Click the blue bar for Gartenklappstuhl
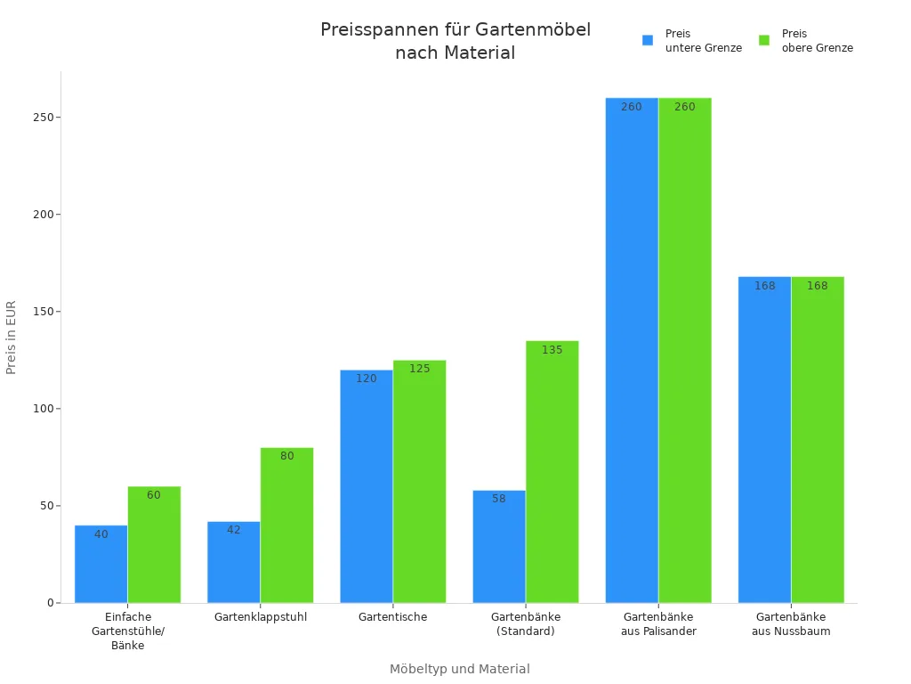coord(234,562)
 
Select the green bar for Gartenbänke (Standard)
coord(552,472)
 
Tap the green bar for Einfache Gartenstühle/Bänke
coord(154,544)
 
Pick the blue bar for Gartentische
coord(367,486)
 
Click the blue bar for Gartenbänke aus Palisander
coord(632,350)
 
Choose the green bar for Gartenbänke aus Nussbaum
coord(818,440)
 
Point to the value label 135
coord(552,350)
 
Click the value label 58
coord(499,499)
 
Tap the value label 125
coord(419,369)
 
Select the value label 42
coord(234,530)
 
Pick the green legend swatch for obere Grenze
coord(763,40)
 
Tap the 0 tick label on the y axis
coord(51,603)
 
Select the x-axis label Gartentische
coord(392,617)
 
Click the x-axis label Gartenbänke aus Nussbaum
coord(791,624)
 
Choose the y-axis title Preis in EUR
coord(12,337)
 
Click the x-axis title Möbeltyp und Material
coord(459,669)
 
